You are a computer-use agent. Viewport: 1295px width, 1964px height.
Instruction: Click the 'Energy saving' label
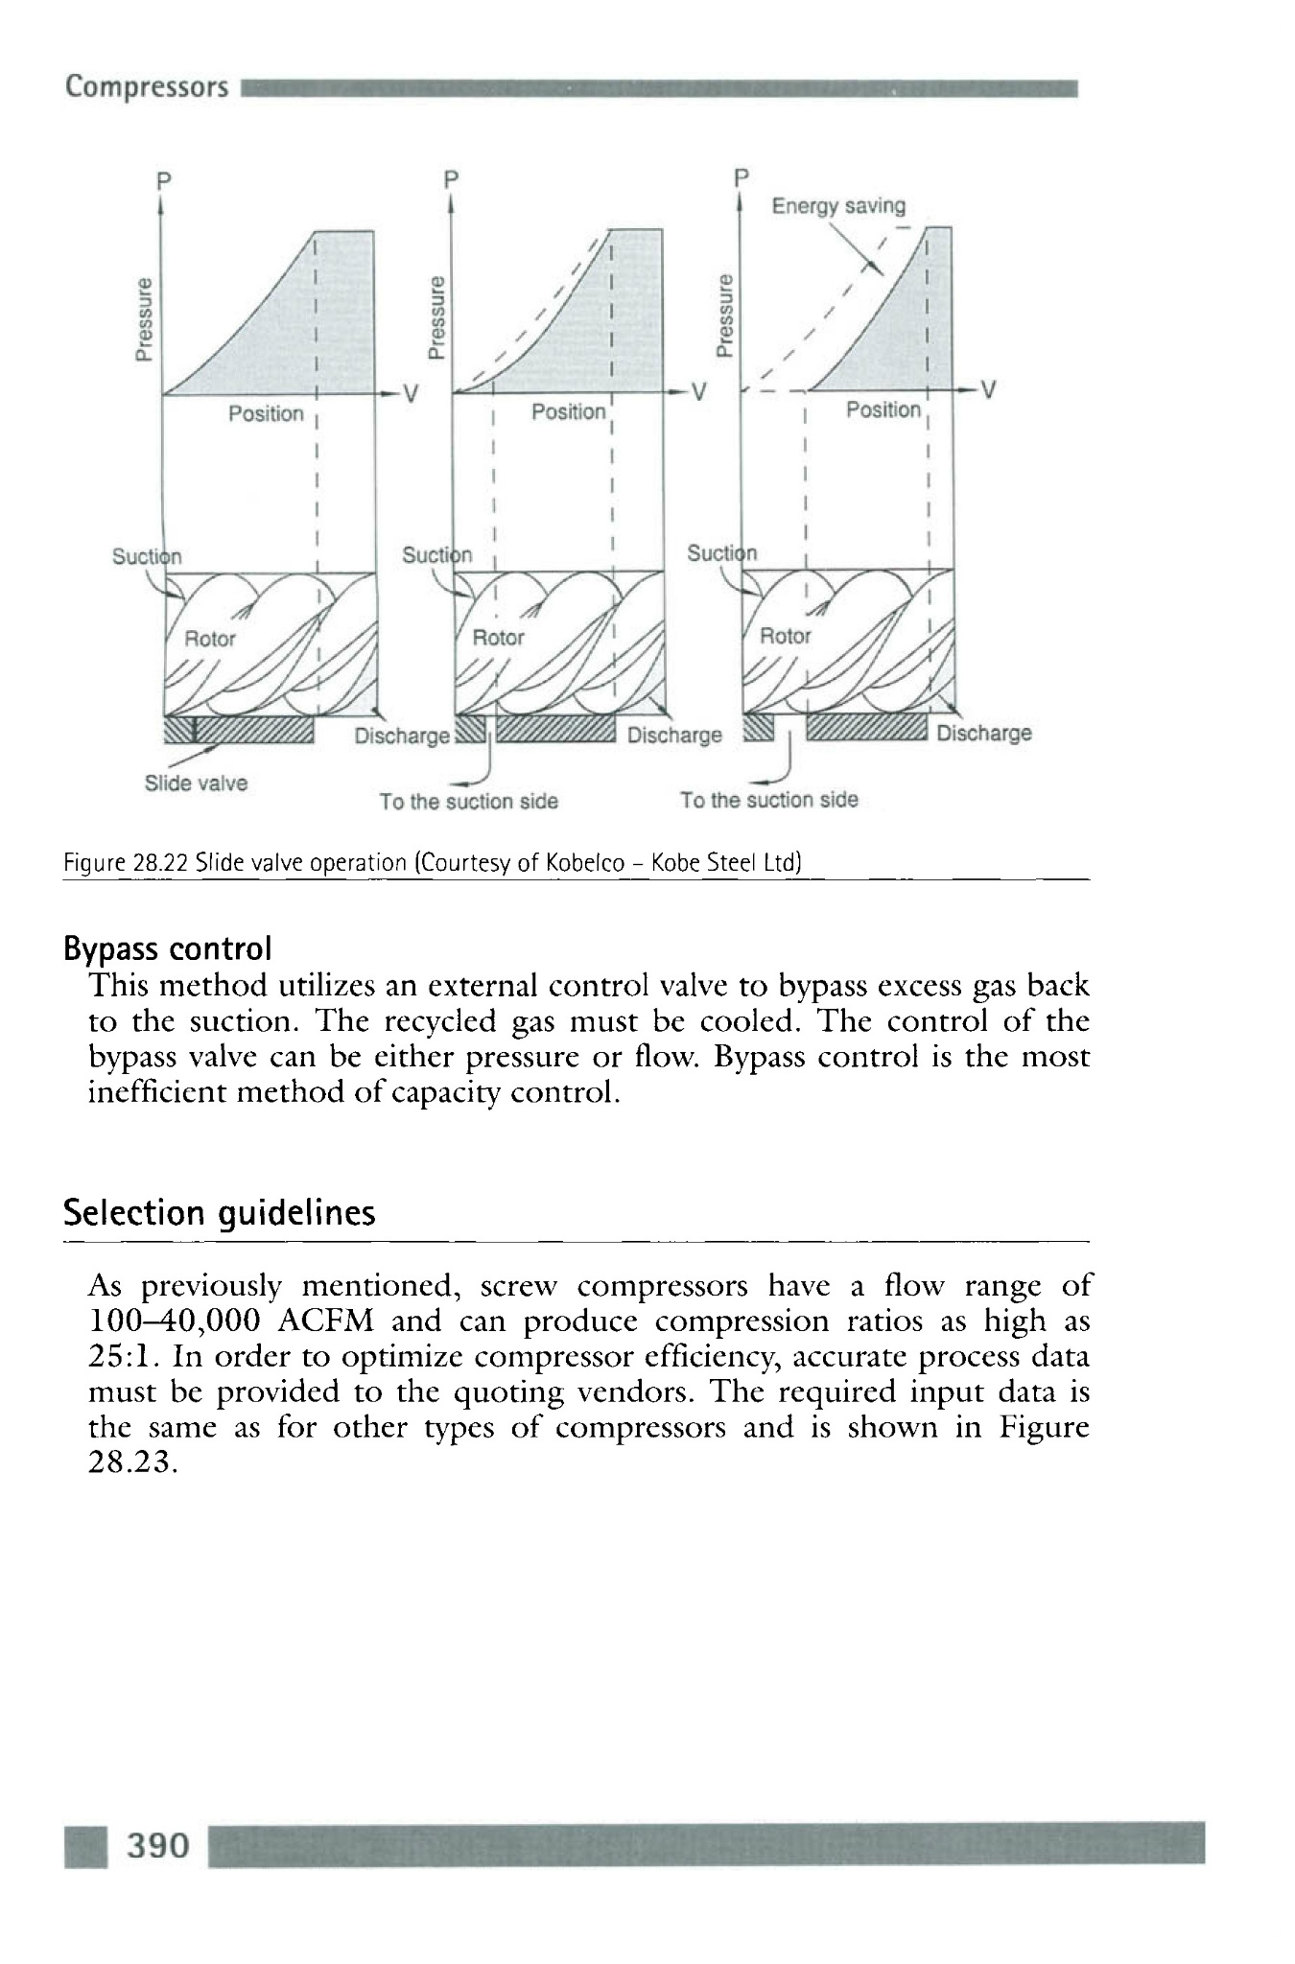pyautogui.click(x=838, y=206)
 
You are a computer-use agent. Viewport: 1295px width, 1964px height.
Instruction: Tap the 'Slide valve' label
pyautogui.click(x=196, y=783)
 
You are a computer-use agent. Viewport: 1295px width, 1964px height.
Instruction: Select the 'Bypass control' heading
pyautogui.click(x=168, y=948)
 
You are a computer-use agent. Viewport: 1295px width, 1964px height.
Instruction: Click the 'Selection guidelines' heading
pyautogui.click(x=219, y=1213)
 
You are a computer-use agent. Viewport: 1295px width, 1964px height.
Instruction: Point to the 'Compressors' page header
pyautogui.click(x=147, y=87)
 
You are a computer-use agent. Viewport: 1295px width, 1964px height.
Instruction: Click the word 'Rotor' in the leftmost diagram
pyautogui.click(x=209, y=639)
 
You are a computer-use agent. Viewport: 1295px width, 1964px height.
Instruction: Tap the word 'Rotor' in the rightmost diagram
pyautogui.click(x=785, y=636)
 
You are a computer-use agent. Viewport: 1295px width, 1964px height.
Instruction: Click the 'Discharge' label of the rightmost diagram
pyautogui.click(x=983, y=734)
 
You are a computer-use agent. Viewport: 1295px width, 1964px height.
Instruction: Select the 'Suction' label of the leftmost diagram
pyautogui.click(x=146, y=556)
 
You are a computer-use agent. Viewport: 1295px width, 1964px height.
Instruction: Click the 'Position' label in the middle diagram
pyautogui.click(x=568, y=411)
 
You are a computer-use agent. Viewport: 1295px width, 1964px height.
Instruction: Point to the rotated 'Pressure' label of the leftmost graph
pyautogui.click(x=143, y=320)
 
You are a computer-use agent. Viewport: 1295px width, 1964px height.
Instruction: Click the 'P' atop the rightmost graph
pyautogui.click(x=741, y=178)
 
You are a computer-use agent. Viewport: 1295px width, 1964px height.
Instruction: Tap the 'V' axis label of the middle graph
pyautogui.click(x=698, y=392)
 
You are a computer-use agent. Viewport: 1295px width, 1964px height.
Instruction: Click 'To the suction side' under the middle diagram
pyautogui.click(x=468, y=802)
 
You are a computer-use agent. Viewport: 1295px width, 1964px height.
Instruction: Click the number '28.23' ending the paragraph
pyautogui.click(x=131, y=1463)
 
